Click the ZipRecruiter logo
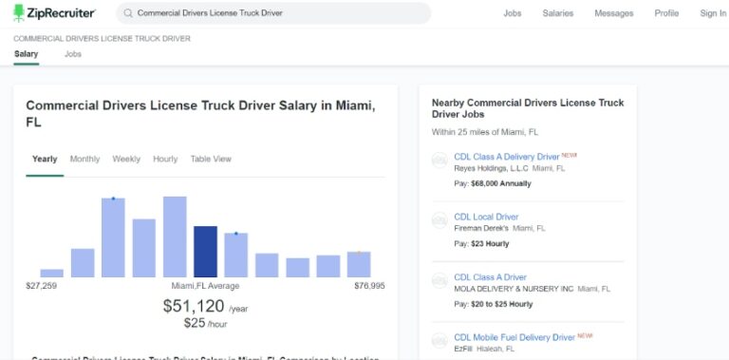(54, 13)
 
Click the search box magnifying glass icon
(127, 14)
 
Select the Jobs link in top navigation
(513, 14)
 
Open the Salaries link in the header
(558, 14)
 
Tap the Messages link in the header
(613, 14)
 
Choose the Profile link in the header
(666, 14)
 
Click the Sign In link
(713, 14)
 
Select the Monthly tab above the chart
(84, 160)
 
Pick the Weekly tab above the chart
(126, 160)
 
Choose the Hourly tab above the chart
(165, 160)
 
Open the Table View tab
(211, 160)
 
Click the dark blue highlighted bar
(206, 251)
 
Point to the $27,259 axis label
(42, 286)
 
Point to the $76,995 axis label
(369, 286)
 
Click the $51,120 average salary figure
(194, 306)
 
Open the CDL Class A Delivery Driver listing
(507, 157)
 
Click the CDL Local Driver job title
(486, 218)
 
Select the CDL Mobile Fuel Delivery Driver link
(514, 337)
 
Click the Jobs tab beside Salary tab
(73, 55)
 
